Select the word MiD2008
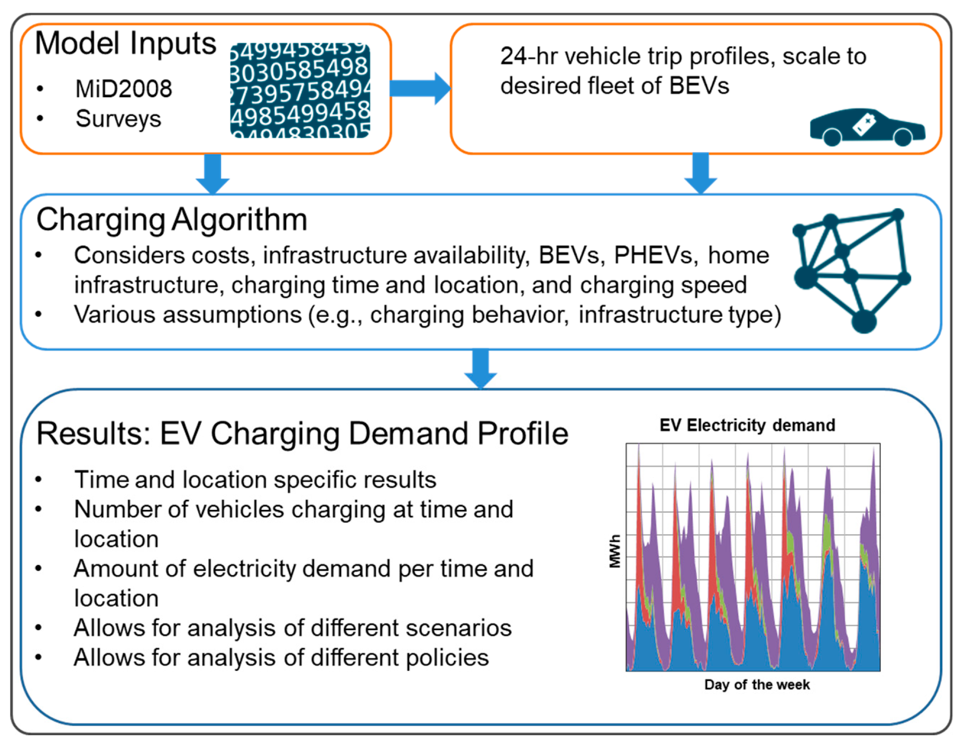pos(123,89)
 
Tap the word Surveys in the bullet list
pos(118,119)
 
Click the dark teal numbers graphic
pos(300,90)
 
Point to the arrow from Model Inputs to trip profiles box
pos(420,88)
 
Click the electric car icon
pos(867,127)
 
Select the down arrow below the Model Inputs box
pos(213,174)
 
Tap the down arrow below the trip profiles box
pos(700,173)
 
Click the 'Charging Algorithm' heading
pos(172,220)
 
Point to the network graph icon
pos(852,271)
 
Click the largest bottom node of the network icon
pos(864,321)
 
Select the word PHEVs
pos(654,256)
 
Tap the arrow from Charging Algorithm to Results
pos(481,369)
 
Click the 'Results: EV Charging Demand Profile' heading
pos(302,434)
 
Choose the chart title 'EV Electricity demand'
pos(747,425)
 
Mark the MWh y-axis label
pos(615,551)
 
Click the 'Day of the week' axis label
pos(757,685)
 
